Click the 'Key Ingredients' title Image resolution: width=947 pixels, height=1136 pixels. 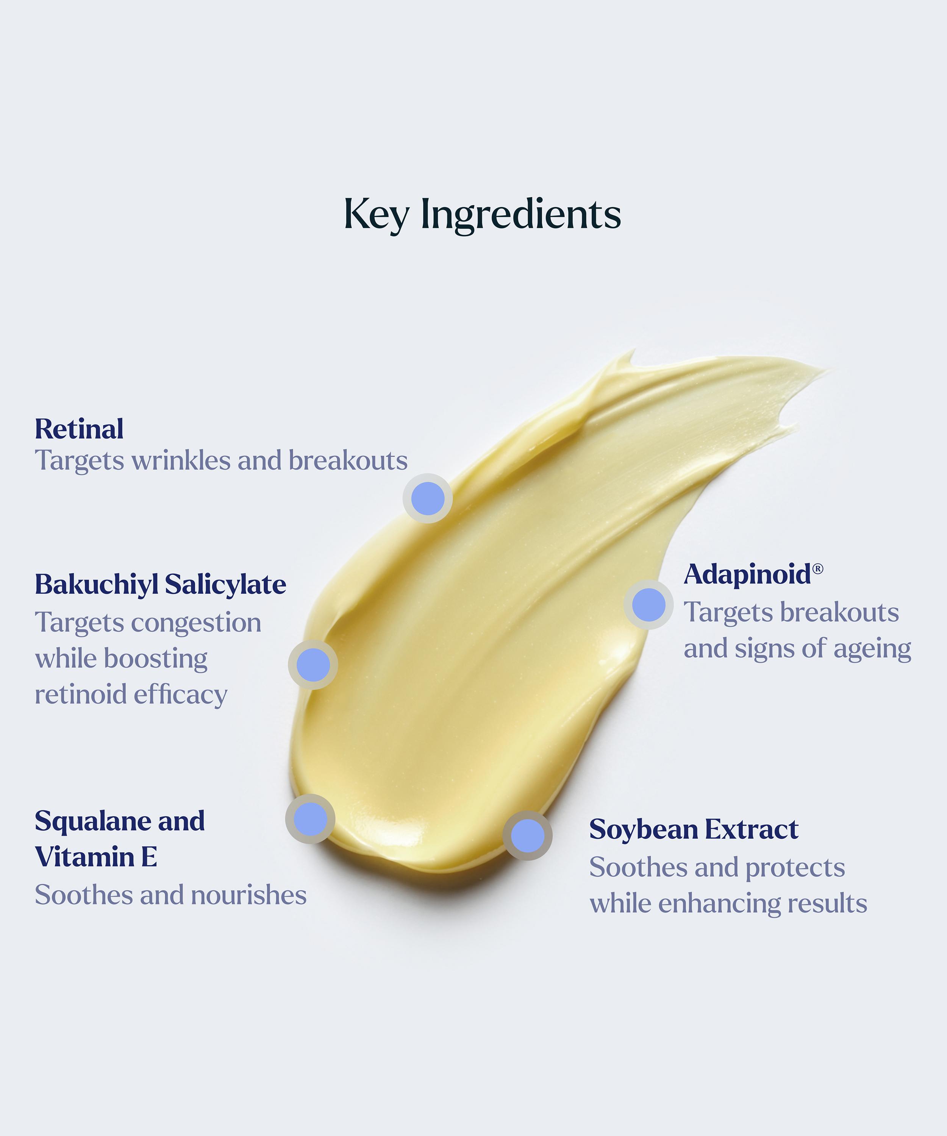[x=482, y=215]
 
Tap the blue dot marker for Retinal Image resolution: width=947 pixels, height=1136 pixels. [x=428, y=498]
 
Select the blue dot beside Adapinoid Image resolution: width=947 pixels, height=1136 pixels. [x=648, y=605]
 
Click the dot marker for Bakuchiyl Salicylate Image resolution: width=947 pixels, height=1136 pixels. [x=313, y=665]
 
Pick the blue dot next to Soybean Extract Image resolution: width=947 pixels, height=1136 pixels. [x=528, y=836]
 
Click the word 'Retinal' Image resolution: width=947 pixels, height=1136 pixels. [x=79, y=429]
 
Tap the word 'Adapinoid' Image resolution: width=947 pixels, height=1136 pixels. [x=747, y=574]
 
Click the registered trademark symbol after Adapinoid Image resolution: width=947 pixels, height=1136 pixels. [x=818, y=568]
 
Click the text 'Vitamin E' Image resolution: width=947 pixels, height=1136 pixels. [x=96, y=857]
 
